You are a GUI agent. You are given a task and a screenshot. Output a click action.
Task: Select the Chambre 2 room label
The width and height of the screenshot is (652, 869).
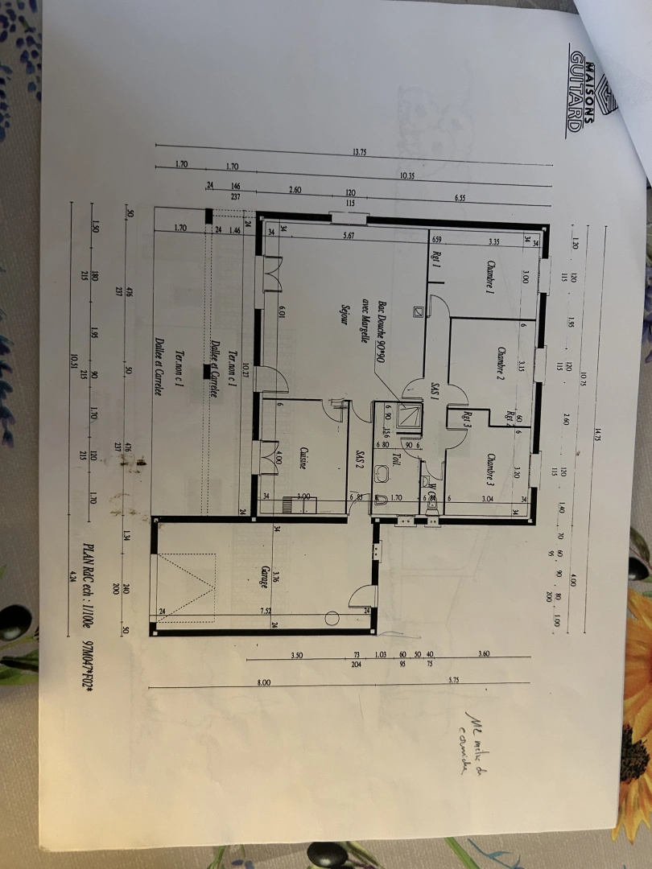click(500, 367)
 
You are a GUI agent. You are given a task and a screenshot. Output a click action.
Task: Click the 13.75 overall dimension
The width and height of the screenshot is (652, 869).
click(359, 152)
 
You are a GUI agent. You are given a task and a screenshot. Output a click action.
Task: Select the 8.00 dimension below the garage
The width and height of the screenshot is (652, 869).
click(264, 682)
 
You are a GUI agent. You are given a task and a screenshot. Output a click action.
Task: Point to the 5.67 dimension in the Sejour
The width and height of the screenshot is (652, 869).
click(348, 236)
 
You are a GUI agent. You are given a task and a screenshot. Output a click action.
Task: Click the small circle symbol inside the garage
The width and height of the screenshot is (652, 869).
click(332, 618)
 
